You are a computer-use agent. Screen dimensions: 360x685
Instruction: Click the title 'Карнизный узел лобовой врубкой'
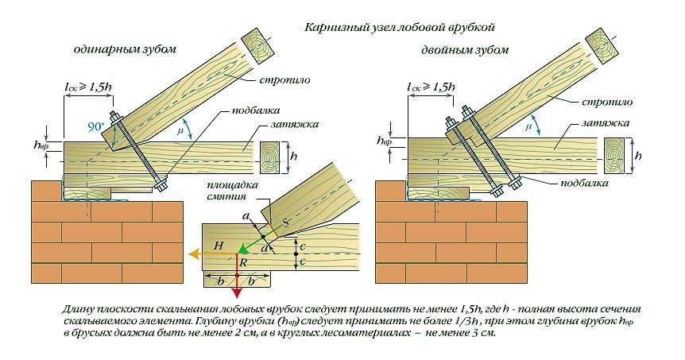[x=400, y=28]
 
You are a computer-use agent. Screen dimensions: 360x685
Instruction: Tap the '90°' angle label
[x=95, y=126]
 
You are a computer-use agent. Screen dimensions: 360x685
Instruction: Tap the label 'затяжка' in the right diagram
[x=610, y=124]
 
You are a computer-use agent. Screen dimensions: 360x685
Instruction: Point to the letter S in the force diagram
[x=284, y=224]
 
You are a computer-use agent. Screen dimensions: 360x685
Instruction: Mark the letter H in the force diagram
[x=219, y=246]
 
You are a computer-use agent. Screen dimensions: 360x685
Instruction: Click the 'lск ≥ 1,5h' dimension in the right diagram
[x=432, y=86]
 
